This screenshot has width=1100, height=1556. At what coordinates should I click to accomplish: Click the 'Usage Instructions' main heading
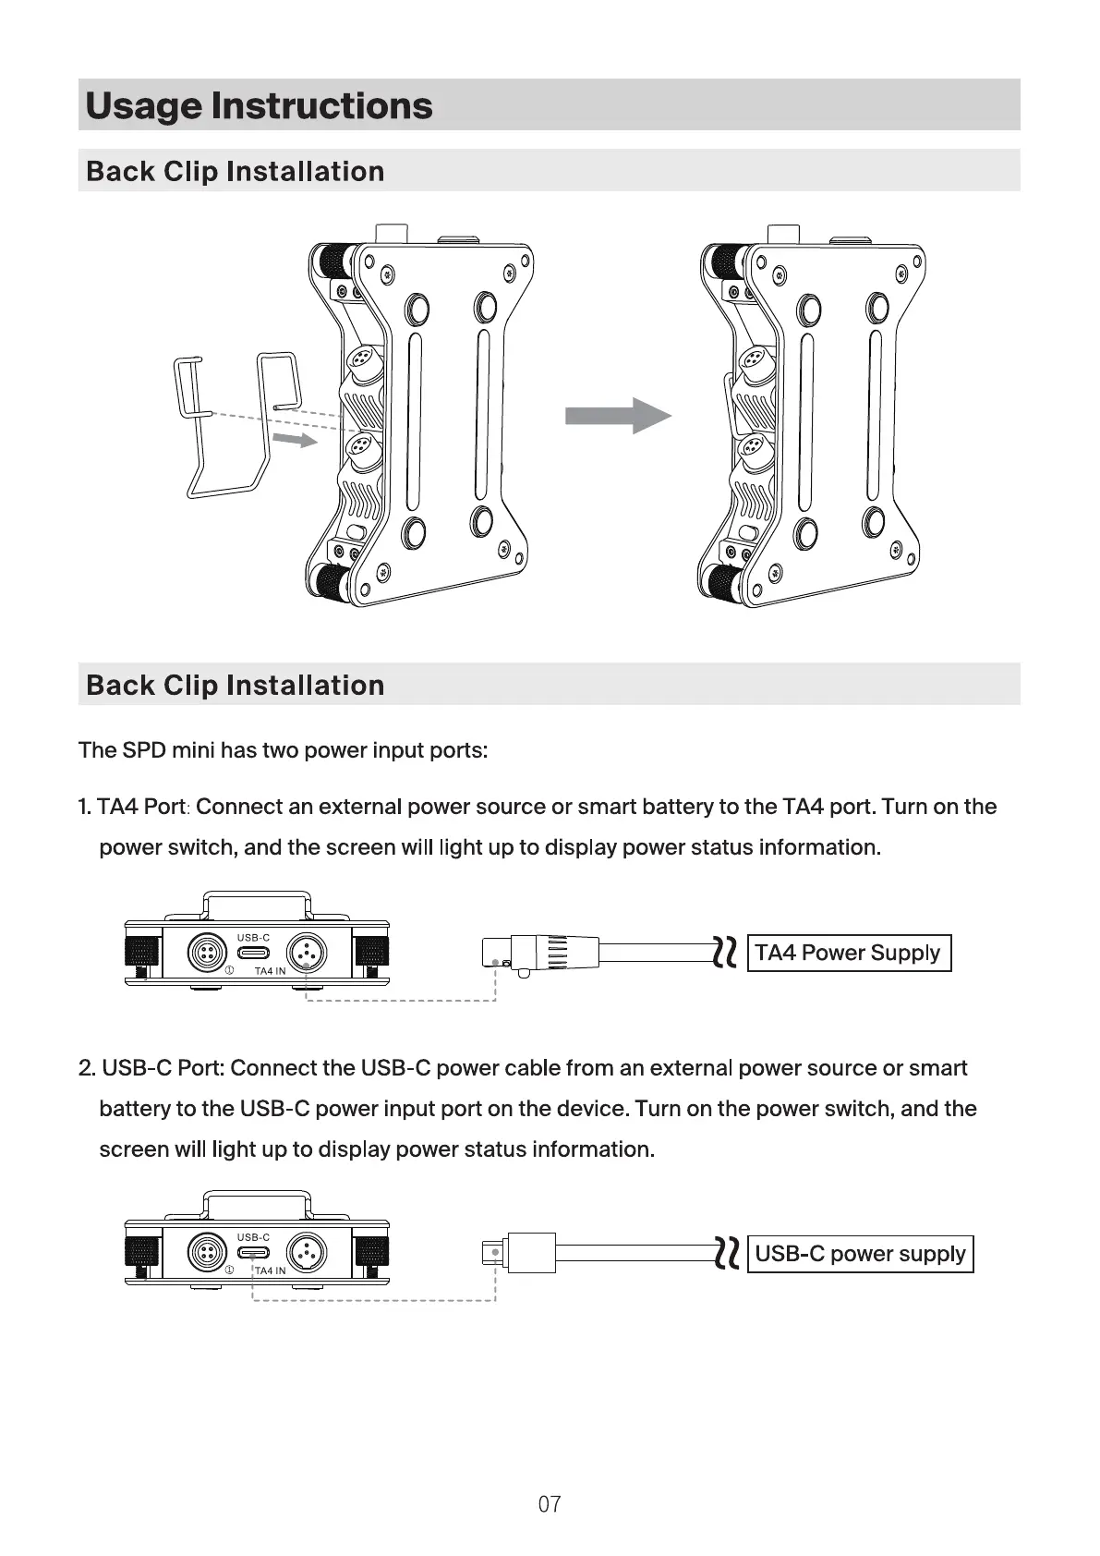(x=259, y=106)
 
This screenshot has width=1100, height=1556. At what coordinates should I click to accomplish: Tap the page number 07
(x=550, y=1504)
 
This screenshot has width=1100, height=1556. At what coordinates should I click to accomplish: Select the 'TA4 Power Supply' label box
(x=849, y=953)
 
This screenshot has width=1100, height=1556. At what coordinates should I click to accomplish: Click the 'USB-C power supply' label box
(x=861, y=1254)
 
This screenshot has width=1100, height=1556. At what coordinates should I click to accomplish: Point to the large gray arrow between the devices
(x=618, y=416)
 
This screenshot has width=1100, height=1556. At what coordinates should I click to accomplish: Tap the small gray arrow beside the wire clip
(x=295, y=439)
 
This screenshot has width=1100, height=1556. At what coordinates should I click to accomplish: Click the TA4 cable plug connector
(x=540, y=952)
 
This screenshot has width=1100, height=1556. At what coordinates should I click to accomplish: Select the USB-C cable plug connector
(x=519, y=1252)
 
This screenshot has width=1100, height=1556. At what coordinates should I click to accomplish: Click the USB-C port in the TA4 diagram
(x=253, y=953)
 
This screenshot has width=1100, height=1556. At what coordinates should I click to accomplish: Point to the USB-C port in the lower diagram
(x=253, y=1253)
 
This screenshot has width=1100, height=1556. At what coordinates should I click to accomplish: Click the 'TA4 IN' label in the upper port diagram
(x=270, y=971)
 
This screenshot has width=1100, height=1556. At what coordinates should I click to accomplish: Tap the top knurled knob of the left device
(x=331, y=261)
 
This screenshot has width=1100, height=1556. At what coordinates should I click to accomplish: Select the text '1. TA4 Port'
(x=132, y=807)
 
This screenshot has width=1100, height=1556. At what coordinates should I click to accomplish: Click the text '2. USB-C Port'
(x=151, y=1067)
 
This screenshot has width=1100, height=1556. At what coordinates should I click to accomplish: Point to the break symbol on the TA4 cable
(x=725, y=953)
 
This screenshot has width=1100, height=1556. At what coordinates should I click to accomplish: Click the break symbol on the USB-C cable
(x=726, y=1253)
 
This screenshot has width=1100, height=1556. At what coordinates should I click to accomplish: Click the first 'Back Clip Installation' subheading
(x=235, y=171)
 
